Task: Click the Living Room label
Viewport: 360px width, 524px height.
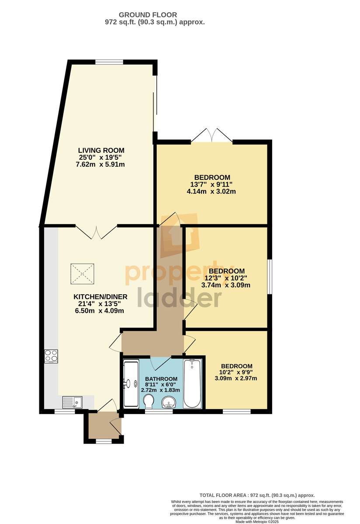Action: (101, 150)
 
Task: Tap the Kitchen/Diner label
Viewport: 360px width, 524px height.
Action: (100, 297)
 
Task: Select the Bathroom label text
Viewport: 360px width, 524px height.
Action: (161, 379)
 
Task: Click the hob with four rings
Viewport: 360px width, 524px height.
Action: (51, 356)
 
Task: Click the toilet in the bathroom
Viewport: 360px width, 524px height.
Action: (149, 401)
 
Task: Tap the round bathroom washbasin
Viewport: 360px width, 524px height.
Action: (168, 402)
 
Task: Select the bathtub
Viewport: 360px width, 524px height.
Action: (192, 384)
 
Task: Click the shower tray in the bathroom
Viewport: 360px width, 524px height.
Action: (131, 384)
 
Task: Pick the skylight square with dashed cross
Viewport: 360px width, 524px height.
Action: (83, 274)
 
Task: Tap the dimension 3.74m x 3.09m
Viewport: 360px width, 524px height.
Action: (225, 285)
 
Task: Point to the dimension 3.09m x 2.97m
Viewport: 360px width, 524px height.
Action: (236, 378)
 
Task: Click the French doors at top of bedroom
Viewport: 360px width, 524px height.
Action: (212, 135)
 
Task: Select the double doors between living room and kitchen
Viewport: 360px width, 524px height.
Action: (96, 232)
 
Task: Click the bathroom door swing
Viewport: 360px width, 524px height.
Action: (161, 363)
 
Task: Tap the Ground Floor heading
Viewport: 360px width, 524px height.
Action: (148, 15)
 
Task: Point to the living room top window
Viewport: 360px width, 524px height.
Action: (109, 62)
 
